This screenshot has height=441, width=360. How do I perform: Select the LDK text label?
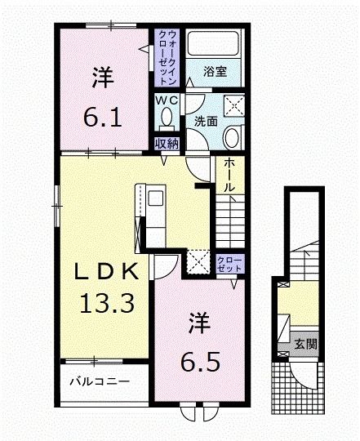tap(103, 272)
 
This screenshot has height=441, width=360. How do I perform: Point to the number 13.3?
tap(103, 304)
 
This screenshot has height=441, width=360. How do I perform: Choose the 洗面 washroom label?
tap(205, 122)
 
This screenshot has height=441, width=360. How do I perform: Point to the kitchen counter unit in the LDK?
tap(155, 208)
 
